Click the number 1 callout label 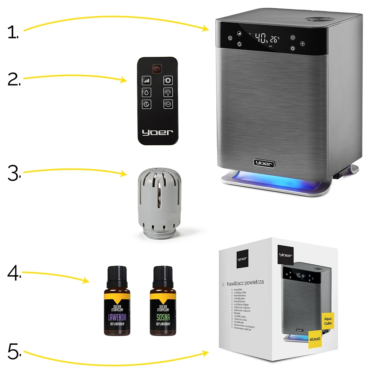coord(13,32)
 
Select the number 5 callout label coord(14,351)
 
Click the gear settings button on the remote coord(168,80)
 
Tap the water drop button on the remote coord(146,92)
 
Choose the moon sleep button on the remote coord(146,104)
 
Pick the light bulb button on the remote coord(168,92)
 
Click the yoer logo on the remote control coord(157,132)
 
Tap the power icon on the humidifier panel coord(230,38)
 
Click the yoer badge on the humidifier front coord(264,163)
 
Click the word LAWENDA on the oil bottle coord(117,317)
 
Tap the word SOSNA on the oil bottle coord(163,317)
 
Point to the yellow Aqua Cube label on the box coord(328,321)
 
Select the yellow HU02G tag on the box coord(315,339)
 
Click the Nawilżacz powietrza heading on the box coord(245,282)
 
